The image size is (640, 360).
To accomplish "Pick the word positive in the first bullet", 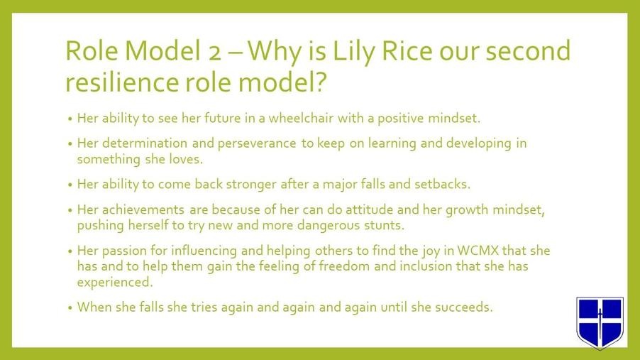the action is click(x=400, y=119).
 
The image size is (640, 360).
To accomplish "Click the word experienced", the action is click(x=115, y=283).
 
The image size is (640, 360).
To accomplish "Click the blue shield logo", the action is click(x=600, y=322).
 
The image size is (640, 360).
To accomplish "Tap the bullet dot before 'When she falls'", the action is click(x=70, y=307).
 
